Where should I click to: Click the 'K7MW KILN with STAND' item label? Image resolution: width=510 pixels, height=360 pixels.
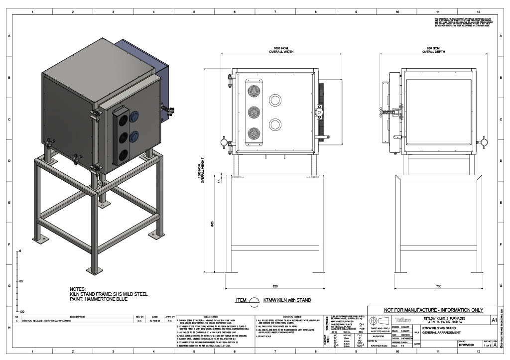point(287,300)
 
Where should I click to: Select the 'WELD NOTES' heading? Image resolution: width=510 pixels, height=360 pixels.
point(211,316)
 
